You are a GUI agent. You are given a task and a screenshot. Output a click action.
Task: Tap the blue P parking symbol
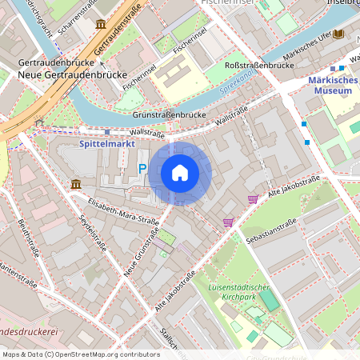point(142,168)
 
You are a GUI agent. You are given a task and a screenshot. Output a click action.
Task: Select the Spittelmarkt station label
point(110,144)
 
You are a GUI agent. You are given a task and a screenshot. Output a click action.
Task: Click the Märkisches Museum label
point(330,86)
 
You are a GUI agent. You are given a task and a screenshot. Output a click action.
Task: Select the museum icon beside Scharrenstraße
point(101,25)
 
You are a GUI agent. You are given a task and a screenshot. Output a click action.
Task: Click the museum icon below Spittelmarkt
point(76,185)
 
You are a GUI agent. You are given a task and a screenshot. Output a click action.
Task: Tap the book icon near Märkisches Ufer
point(338,34)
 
